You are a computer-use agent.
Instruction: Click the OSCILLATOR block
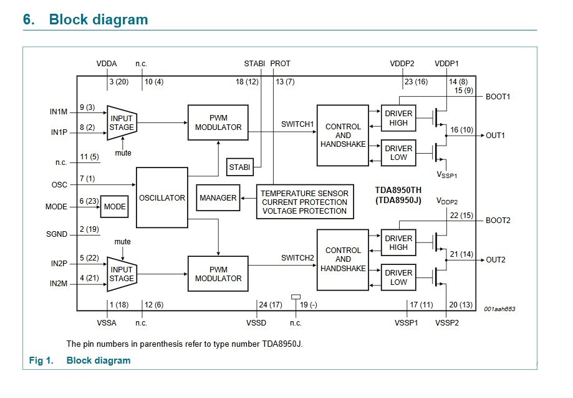[x=161, y=197]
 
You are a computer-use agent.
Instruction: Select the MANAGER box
[x=218, y=197]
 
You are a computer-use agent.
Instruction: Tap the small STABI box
[x=239, y=167]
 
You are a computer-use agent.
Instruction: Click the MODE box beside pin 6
[x=114, y=207]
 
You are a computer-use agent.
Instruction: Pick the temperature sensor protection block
[x=305, y=202]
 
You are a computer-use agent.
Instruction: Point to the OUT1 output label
[x=495, y=135]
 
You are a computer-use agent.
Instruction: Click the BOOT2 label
[x=498, y=221]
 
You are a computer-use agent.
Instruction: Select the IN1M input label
[x=59, y=111]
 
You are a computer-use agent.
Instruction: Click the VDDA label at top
[x=107, y=64]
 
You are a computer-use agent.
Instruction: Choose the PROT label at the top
[x=281, y=64]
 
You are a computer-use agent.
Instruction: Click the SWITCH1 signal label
[x=297, y=124]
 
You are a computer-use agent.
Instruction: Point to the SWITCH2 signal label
[x=297, y=257]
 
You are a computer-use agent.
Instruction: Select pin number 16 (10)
[x=463, y=130]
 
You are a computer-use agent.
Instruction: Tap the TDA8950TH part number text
[x=400, y=190]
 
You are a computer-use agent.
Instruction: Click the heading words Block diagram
[x=99, y=19]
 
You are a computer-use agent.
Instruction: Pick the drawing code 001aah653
[x=499, y=309]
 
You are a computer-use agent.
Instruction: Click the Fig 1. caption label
[x=42, y=361]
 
